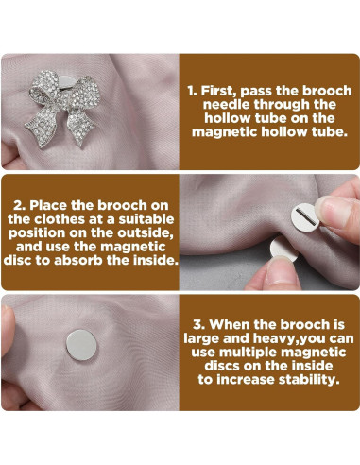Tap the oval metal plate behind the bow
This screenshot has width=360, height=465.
[x=68, y=82]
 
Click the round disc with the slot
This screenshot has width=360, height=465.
[x=305, y=217]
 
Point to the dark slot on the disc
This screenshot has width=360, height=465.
[x=304, y=216]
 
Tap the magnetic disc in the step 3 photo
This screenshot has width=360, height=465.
[x=81, y=345]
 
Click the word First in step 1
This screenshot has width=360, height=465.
[x=218, y=91]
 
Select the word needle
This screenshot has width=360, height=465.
[x=229, y=104]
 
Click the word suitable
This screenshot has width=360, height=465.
[x=146, y=219]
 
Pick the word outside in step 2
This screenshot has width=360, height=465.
[x=146, y=232]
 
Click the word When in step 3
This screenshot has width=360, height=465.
[x=230, y=324]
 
